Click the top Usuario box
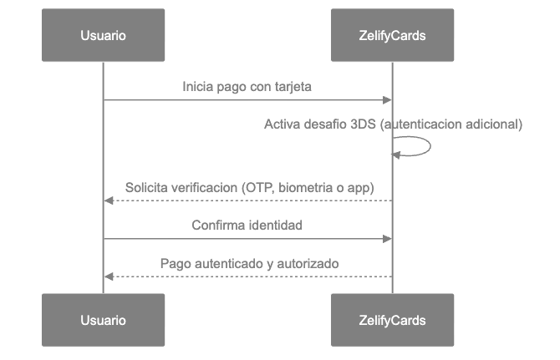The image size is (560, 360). pyautogui.click(x=103, y=35)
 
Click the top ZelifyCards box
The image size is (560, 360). pyautogui.click(x=392, y=35)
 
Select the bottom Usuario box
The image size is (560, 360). pyautogui.click(x=103, y=320)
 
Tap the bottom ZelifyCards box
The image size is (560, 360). pyautogui.click(x=392, y=320)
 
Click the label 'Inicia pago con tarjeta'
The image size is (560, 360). pyautogui.click(x=247, y=87)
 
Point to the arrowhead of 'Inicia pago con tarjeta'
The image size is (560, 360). pyautogui.click(x=388, y=100)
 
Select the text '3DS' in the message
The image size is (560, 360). pyautogui.click(x=364, y=124)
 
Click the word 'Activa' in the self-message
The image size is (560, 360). pyautogui.click(x=282, y=124)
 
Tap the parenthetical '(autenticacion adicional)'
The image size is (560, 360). pyautogui.click(x=451, y=124)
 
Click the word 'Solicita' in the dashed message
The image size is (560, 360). pyautogui.click(x=147, y=187)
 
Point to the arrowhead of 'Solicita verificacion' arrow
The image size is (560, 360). pyautogui.click(x=107, y=200)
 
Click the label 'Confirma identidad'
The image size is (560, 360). pyautogui.click(x=247, y=226)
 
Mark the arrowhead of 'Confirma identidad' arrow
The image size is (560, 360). pyautogui.click(x=388, y=239)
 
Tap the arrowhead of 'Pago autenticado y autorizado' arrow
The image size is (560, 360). pyautogui.click(x=107, y=276)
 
